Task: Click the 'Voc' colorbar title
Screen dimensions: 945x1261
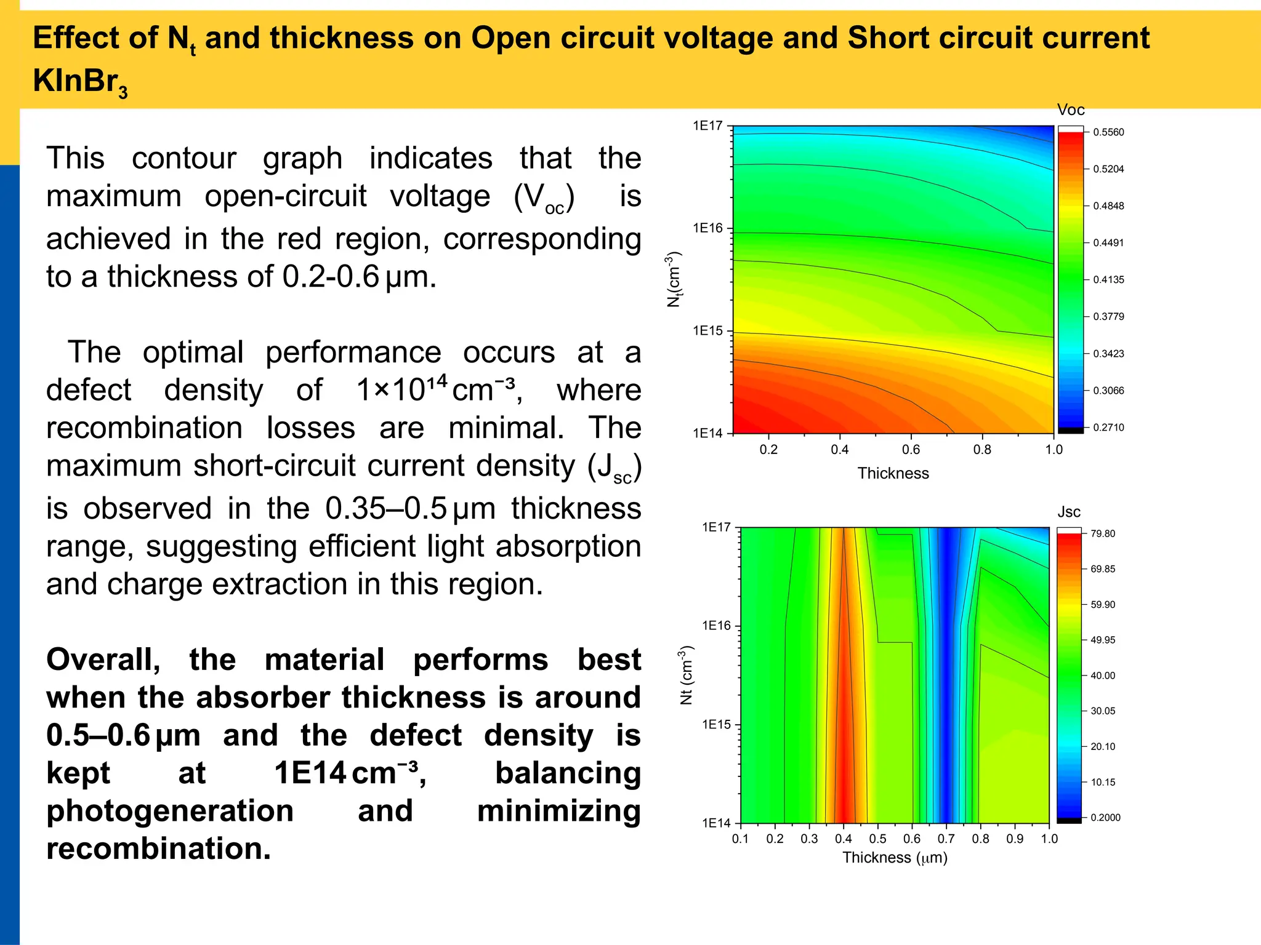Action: (1070, 110)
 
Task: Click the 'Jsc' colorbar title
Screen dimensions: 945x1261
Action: (1068, 512)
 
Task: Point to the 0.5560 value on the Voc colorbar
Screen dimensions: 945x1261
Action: (1108, 132)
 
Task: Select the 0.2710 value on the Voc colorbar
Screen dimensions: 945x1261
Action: (1108, 428)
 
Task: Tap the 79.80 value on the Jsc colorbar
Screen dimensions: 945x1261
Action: (1102, 533)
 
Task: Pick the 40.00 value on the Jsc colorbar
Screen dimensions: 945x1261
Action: (1102, 676)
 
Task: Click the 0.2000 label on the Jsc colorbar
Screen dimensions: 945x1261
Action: (1105, 818)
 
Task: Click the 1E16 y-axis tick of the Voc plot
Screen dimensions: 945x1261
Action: (707, 228)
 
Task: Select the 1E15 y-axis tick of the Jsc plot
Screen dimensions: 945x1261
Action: (716, 725)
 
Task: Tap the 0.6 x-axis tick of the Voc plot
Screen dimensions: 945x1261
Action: (911, 450)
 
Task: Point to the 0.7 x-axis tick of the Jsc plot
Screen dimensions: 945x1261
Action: (946, 839)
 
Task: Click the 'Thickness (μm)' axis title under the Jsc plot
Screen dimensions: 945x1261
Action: (894, 858)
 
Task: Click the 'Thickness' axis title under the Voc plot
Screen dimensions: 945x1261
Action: (893, 473)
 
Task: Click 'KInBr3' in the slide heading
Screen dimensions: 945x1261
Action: (80, 81)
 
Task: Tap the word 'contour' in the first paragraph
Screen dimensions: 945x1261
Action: (183, 159)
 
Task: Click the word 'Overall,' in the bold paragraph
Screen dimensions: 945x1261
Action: (103, 660)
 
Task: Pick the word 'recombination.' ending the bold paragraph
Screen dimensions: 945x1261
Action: (158, 848)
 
